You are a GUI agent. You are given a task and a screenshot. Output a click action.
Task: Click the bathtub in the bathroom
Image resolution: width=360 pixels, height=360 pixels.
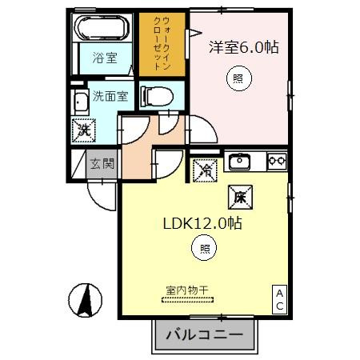[x=100, y=30]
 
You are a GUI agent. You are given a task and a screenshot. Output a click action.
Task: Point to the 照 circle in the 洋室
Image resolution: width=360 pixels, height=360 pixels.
[x=238, y=78]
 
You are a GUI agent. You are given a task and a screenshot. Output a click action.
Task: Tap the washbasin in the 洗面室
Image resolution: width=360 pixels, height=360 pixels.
[x=80, y=102]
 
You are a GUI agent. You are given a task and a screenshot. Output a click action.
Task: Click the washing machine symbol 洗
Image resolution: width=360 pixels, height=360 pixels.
[x=82, y=128]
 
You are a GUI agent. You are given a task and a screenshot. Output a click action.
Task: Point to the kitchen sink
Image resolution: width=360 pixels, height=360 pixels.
[x=240, y=161]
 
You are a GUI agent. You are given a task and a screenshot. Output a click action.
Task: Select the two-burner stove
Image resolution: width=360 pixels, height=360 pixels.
[x=277, y=161]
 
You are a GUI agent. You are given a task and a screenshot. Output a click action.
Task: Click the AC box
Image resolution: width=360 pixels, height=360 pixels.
[x=280, y=300]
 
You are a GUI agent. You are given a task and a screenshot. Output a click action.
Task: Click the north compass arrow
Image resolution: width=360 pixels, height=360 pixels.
[x=86, y=301]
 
